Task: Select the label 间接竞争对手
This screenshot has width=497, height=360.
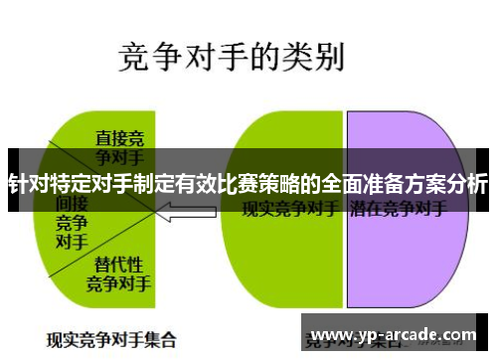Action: [71, 220]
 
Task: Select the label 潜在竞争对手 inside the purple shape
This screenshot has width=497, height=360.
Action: [398, 210]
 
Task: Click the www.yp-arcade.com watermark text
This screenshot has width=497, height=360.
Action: [394, 334]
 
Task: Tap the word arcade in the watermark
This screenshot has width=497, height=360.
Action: [407, 334]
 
